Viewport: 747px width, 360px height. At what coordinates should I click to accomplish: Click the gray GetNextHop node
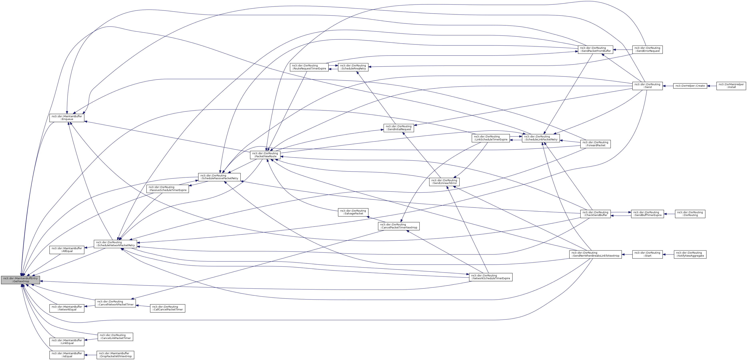(x=20, y=280)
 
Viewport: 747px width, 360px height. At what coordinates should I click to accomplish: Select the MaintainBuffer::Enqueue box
(x=67, y=118)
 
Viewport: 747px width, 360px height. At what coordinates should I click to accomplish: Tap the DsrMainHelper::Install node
(x=731, y=86)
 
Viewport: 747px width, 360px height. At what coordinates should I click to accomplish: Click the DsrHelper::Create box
(x=690, y=86)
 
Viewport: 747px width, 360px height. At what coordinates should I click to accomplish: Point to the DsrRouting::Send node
(x=647, y=86)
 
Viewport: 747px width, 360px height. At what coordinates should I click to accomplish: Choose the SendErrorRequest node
(x=647, y=50)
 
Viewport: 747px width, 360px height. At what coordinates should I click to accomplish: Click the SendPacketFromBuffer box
(x=595, y=50)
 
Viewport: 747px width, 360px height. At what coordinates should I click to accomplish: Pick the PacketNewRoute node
(x=265, y=155)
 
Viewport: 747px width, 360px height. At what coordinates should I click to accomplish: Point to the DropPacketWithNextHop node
(x=115, y=355)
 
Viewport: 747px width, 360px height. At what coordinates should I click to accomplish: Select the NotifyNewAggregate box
(x=690, y=254)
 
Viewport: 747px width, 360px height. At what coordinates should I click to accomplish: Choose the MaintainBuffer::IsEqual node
(x=67, y=355)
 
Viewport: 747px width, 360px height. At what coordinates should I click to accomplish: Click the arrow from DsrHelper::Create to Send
(x=668, y=86)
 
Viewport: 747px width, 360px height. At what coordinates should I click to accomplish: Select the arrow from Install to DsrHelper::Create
(x=712, y=86)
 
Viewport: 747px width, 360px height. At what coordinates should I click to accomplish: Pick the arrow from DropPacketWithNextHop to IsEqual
(x=90, y=355)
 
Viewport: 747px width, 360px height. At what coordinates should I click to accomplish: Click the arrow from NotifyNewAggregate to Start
(x=668, y=254)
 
